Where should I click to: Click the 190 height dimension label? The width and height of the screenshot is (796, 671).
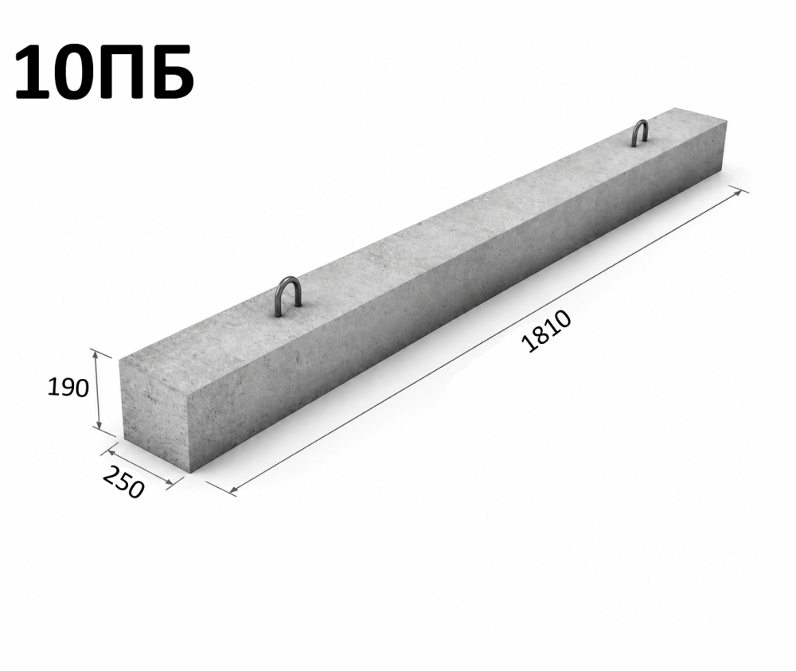tap(68, 388)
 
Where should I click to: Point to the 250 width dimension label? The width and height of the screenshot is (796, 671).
tap(124, 482)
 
